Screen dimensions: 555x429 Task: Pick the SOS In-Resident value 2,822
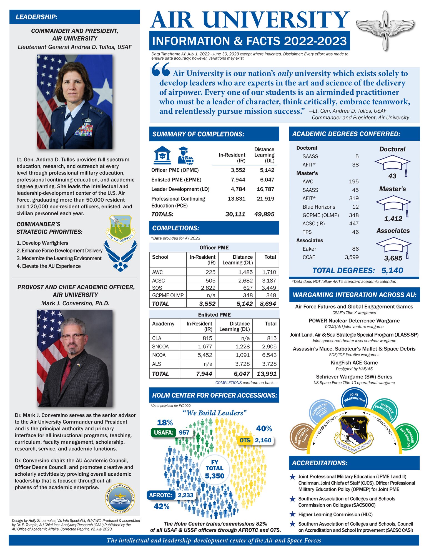click(208, 288)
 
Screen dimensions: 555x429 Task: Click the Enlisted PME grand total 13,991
click(267, 374)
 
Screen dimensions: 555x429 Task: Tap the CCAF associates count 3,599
click(352, 257)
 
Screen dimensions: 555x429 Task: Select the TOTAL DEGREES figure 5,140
click(392, 271)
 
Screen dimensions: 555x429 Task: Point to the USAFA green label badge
click(164, 432)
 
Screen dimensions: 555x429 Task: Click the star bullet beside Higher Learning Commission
click(292, 514)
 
